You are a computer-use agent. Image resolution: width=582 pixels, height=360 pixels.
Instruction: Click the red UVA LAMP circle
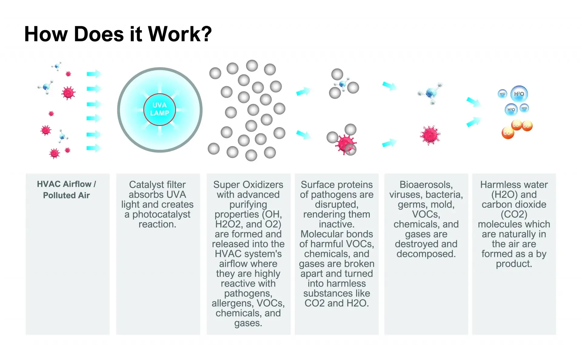159,109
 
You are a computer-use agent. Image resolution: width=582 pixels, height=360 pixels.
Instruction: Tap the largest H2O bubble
519,94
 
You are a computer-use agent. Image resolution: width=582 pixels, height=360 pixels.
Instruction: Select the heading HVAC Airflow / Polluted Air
66,190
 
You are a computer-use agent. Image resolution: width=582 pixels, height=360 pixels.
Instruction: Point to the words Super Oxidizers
248,184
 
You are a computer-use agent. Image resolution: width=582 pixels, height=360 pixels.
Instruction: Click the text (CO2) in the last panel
514,214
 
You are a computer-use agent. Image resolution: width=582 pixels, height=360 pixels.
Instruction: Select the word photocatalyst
161,214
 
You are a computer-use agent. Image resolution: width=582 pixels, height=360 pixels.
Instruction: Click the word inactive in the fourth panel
336,224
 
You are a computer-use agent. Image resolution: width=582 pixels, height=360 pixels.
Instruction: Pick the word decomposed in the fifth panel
426,254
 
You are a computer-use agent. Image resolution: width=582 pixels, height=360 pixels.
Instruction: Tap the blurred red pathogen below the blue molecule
430,135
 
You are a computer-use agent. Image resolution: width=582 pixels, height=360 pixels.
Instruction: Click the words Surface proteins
336,184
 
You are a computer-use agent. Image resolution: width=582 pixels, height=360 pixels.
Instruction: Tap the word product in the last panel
513,264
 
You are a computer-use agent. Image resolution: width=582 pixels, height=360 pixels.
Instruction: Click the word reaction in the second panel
157,224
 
